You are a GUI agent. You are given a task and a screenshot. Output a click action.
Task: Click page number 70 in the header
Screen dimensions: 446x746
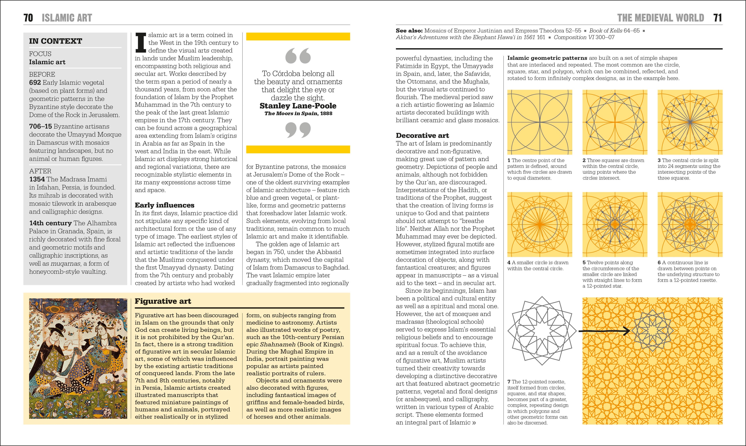pos(28,18)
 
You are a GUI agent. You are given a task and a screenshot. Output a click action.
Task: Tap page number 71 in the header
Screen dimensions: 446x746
pos(717,18)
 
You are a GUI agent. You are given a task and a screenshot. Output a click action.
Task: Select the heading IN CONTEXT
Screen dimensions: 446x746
pos(55,41)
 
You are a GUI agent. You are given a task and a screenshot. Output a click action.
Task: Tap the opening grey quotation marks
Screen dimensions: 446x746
pos(298,56)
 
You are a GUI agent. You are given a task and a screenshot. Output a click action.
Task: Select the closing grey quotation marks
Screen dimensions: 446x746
pos(298,130)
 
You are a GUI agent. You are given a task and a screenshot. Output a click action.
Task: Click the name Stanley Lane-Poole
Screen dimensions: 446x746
pos(298,106)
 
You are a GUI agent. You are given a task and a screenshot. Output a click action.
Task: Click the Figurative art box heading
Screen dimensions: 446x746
pos(163,301)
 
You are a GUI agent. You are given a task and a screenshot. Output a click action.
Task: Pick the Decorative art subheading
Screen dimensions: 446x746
pos(422,136)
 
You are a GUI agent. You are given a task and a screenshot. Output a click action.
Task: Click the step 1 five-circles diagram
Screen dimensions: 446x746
pos(540,122)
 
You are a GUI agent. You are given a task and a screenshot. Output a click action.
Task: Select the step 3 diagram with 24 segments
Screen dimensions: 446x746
pos(690,122)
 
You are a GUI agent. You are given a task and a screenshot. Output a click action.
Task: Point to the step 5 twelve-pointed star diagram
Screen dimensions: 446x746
pos(615,225)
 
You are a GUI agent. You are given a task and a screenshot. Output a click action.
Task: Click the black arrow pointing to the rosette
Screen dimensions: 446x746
pos(604,331)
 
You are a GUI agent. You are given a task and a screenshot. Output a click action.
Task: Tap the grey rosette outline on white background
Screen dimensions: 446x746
pos(542,331)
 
